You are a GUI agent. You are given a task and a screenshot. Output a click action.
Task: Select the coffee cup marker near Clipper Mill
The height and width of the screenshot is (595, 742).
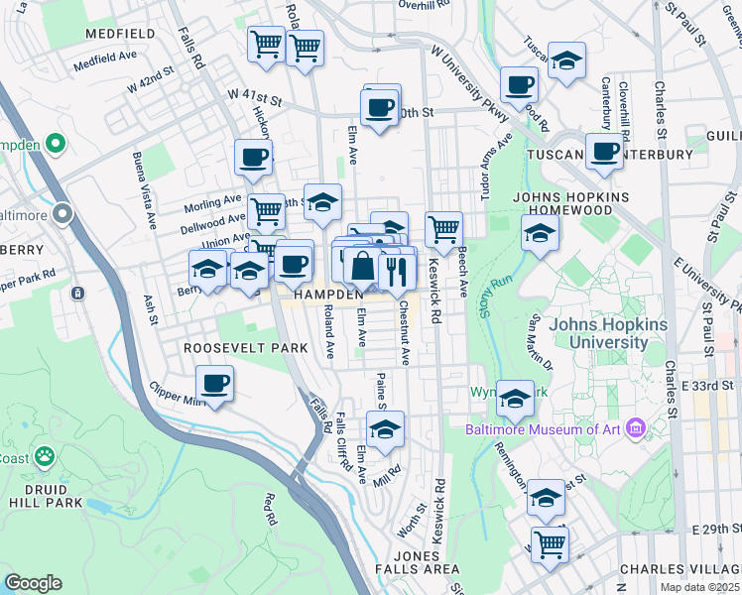point(213,383)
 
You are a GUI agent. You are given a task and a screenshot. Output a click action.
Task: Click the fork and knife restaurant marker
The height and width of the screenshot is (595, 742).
point(397,268)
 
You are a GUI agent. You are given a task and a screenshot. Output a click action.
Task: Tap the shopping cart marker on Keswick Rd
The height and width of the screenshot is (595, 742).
point(443,229)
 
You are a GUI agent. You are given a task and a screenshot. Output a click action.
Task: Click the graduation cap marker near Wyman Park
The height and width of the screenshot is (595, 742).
point(515,400)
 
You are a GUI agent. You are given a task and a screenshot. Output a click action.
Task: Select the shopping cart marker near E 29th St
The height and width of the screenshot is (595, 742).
point(549,541)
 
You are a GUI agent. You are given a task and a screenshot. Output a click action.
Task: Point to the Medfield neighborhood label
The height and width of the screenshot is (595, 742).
point(120,33)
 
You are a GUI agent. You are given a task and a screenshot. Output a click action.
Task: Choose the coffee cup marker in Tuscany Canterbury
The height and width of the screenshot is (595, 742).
point(603,153)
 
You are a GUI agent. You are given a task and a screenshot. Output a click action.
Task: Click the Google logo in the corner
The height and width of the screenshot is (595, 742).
point(32,583)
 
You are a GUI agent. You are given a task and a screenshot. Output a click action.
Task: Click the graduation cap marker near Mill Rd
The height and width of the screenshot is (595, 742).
point(385,429)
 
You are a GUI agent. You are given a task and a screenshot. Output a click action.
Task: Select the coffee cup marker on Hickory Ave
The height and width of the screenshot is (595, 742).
point(253,157)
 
